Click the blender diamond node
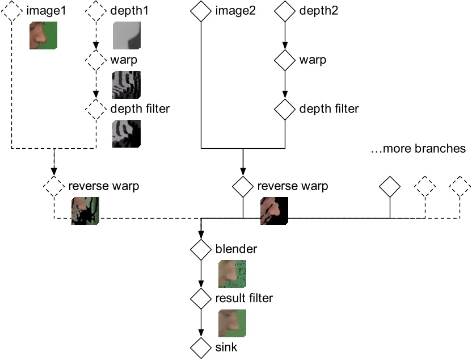tap(200, 249)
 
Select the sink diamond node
tap(200, 346)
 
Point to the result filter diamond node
tap(200, 297)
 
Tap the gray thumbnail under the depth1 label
tap(127, 37)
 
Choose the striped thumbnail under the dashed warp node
tap(127, 85)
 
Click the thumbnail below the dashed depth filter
tap(127, 133)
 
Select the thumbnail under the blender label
tap(232, 274)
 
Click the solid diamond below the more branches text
tap(390, 186)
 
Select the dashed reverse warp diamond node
tap(54, 186)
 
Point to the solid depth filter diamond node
tap(284, 107)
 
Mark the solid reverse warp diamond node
tap(243, 186)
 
